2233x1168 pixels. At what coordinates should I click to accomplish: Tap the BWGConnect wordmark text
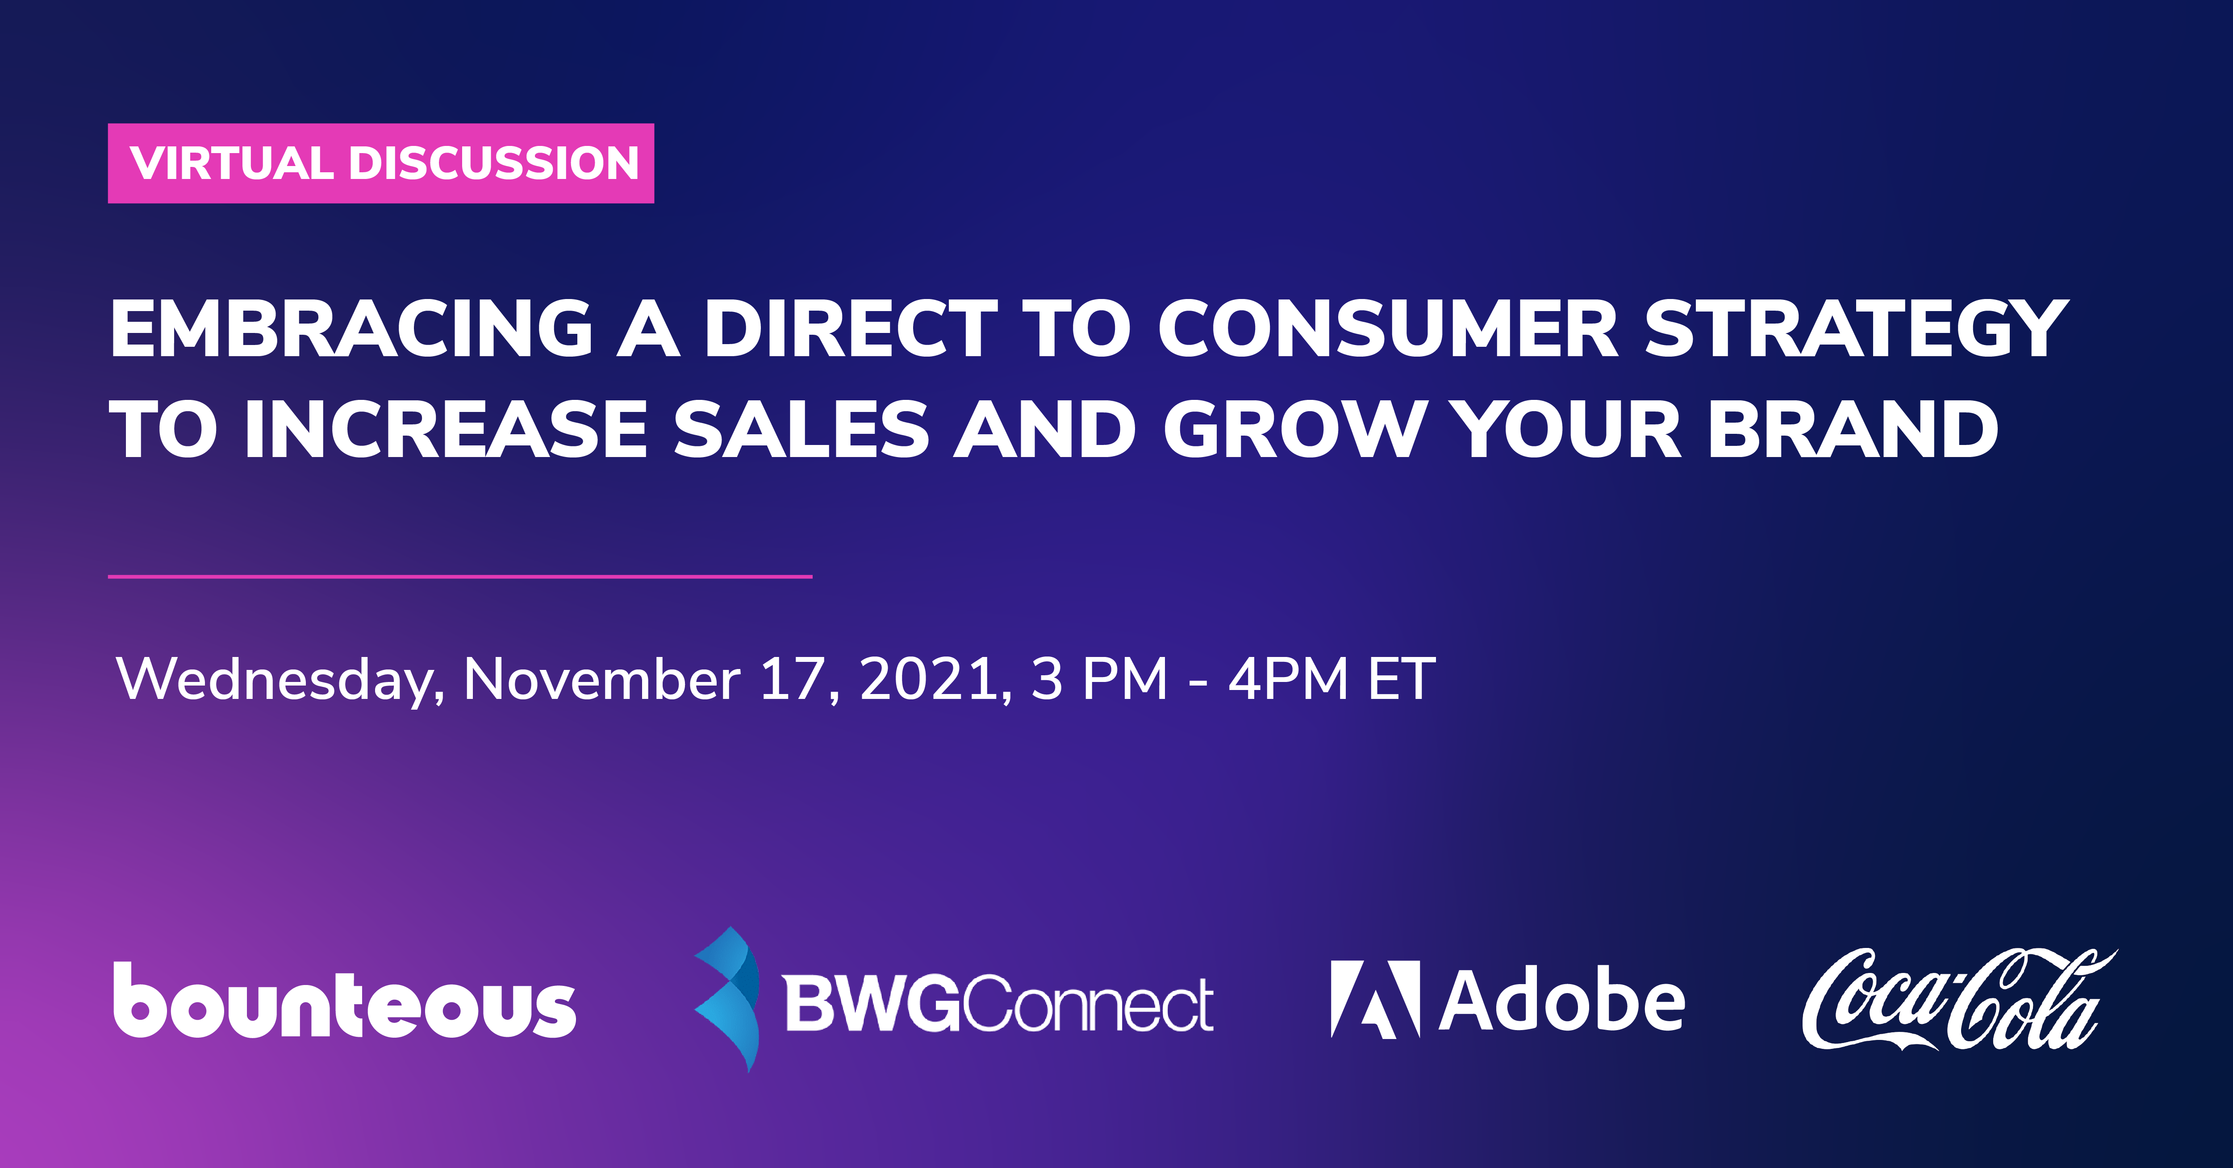click(x=998, y=1003)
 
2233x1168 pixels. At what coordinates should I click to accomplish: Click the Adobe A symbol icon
click(x=1375, y=999)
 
